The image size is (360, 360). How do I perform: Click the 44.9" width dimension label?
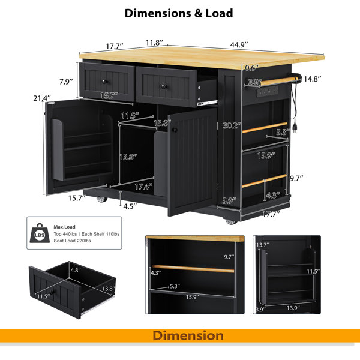point(239,45)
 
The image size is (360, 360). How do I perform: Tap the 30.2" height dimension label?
point(232,125)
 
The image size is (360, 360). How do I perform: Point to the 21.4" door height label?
point(42,98)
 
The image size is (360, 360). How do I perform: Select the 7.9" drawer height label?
point(66,82)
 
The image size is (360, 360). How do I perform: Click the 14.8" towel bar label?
point(312,79)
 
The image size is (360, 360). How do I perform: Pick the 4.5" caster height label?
point(130,206)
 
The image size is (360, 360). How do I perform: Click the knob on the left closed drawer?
point(104,82)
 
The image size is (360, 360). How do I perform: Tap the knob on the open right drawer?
point(164,86)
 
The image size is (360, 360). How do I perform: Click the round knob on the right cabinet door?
point(175,130)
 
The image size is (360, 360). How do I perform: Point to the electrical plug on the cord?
point(294,128)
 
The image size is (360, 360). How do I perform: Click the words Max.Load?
point(65,227)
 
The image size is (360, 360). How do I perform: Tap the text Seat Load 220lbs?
point(73,241)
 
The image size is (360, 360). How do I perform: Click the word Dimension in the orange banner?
point(188,335)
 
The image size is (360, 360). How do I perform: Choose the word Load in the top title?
point(219,13)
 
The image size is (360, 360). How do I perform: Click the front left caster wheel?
point(102,199)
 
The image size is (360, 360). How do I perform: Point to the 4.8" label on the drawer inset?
point(76,270)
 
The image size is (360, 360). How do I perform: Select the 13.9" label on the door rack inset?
point(293,308)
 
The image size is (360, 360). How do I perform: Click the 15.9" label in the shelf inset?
point(192,297)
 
